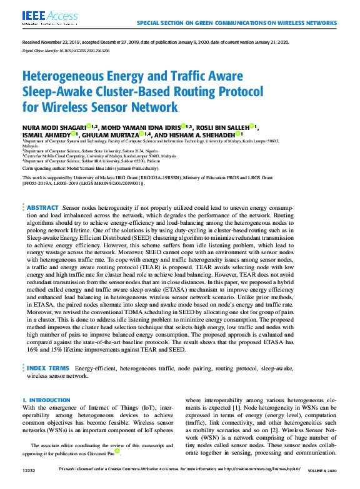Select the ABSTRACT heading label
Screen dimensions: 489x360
pyautogui.click(x=43, y=207)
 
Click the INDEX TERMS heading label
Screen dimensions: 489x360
pyautogui.click(x=48, y=369)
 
